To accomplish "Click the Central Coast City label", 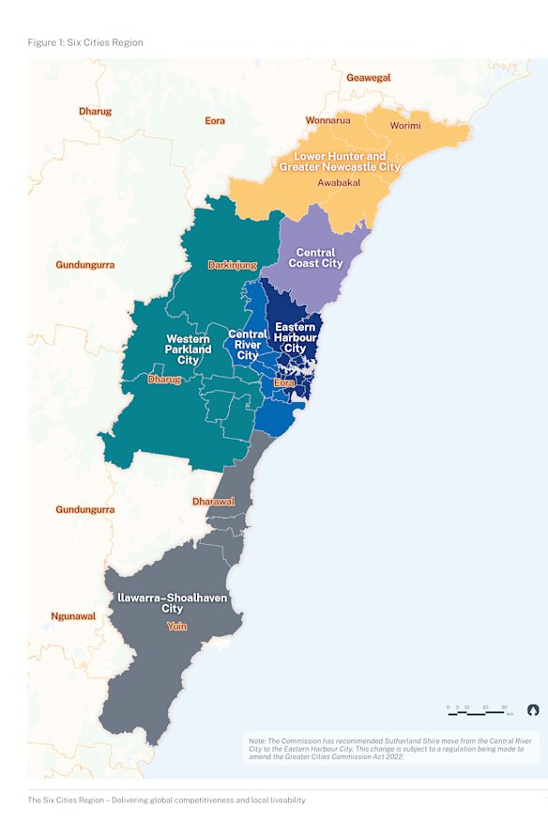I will coord(319,258).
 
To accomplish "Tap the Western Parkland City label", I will coord(189,349).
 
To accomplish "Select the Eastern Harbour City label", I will coord(295,337).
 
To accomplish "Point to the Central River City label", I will coord(248,344).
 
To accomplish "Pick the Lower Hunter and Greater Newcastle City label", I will coord(340,161).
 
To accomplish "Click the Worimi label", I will coord(405,125).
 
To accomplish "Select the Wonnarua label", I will coord(327,121).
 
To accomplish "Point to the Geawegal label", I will coord(369,78).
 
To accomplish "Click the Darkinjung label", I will coord(233,265).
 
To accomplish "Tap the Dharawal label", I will coord(213,502).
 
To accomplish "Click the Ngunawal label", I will coord(73,616).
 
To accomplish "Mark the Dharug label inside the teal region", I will coord(164,380).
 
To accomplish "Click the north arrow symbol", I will coord(533,709).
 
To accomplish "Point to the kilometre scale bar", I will coord(479,711).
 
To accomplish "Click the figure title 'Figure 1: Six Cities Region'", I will coord(85,42).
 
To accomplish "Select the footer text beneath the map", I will coord(166,800).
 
